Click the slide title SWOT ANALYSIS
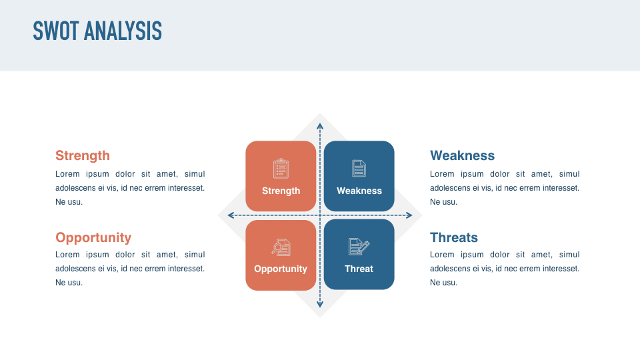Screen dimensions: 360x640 click(97, 31)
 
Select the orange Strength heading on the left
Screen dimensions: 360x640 click(83, 155)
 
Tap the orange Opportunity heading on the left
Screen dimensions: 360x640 click(93, 237)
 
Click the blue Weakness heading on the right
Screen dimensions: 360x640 click(462, 155)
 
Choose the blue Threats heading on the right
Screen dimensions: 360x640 click(454, 237)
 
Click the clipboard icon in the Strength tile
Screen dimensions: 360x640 click(281, 169)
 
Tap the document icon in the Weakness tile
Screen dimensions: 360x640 click(359, 169)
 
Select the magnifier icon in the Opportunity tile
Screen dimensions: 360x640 click(281, 247)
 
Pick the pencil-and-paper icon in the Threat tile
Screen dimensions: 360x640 click(359, 247)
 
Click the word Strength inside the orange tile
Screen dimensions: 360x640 click(281, 191)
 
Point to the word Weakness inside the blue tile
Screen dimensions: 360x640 click(359, 191)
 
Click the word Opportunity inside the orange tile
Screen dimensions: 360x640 click(281, 269)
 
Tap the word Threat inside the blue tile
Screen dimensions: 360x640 click(359, 269)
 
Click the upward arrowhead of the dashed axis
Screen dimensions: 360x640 click(320, 125)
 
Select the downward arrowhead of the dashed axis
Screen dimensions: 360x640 click(320, 305)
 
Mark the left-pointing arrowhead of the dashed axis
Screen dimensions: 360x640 click(231, 215)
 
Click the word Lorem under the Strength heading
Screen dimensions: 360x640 click(67, 174)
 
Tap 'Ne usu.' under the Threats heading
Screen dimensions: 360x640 click(443, 283)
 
